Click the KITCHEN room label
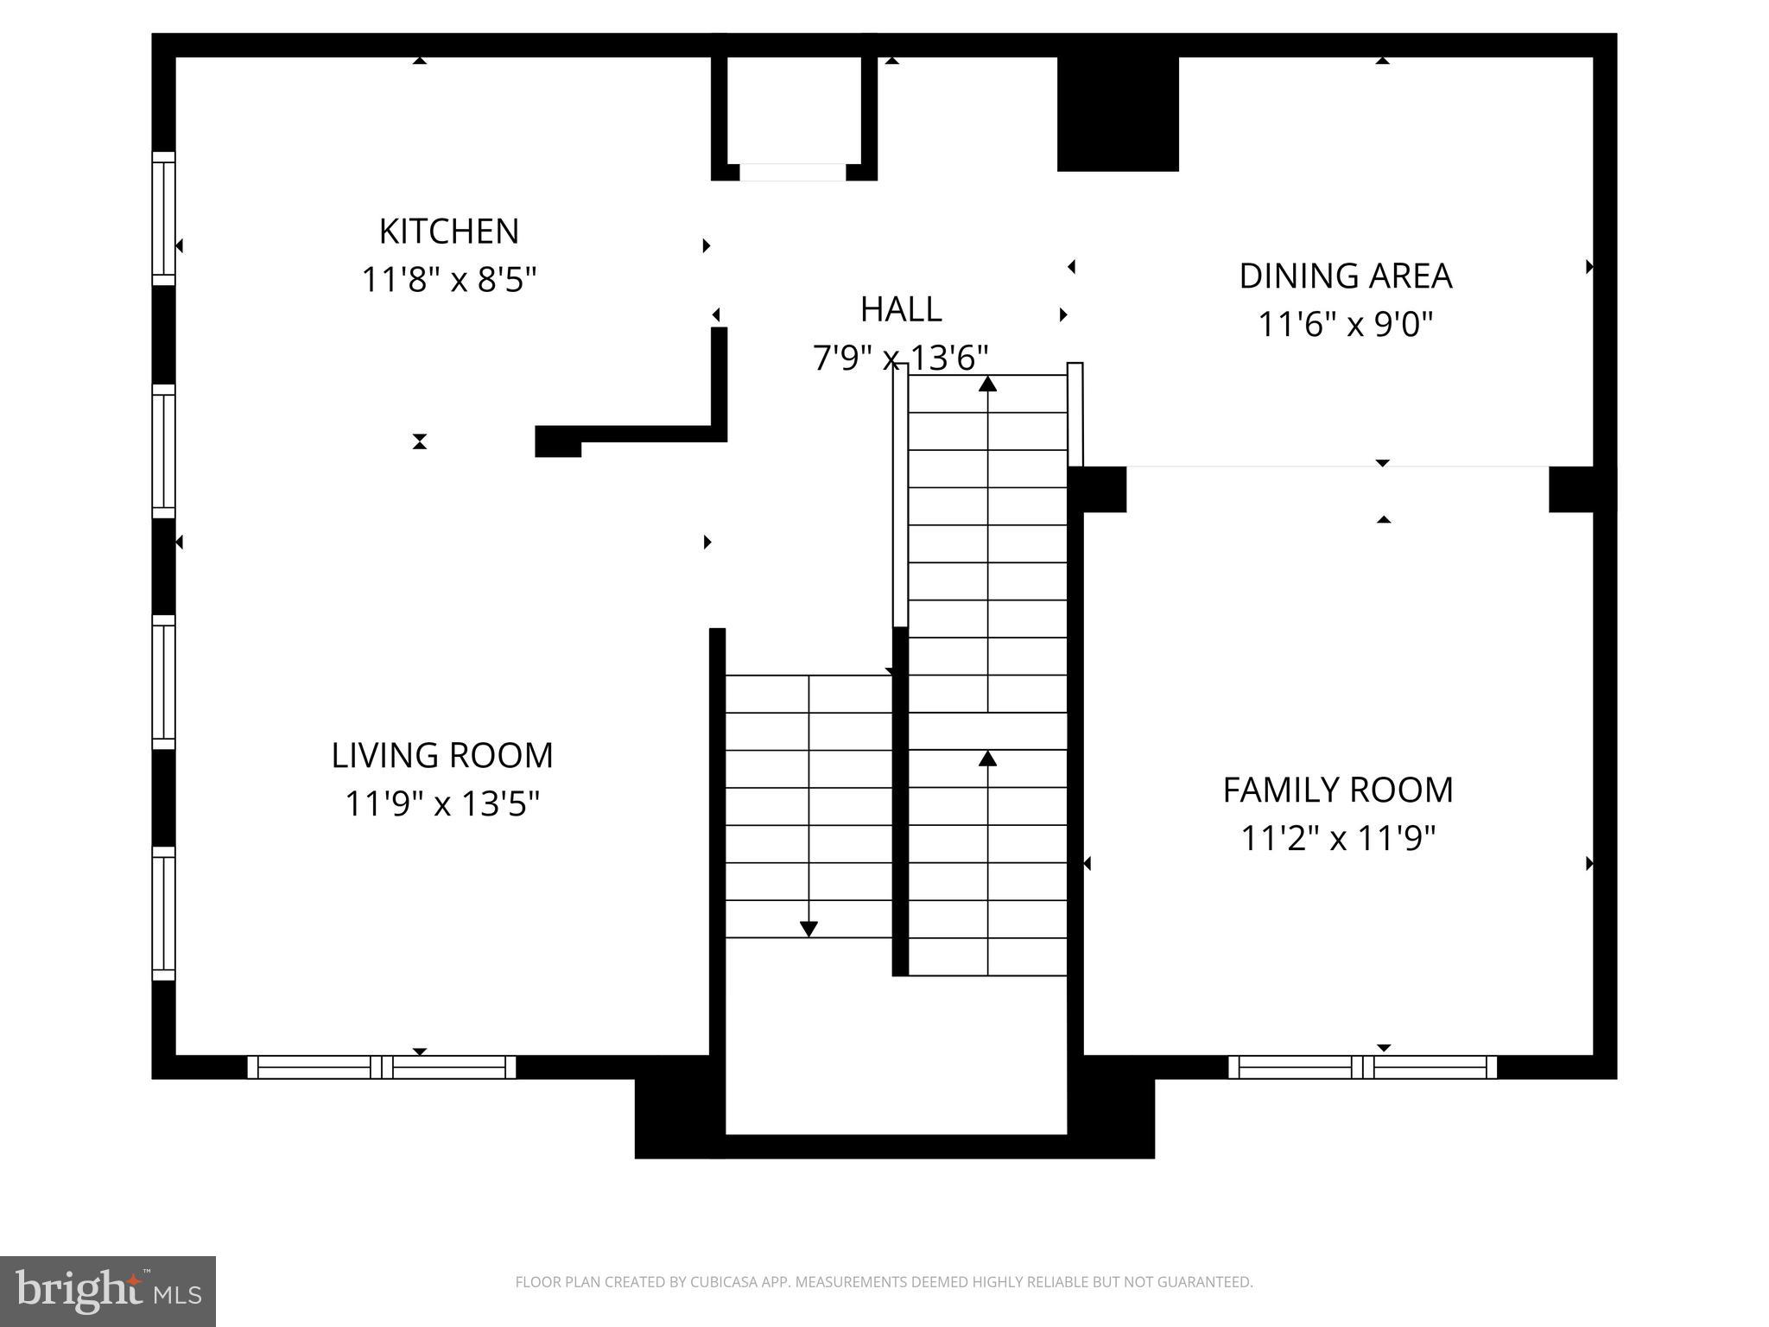click(448, 232)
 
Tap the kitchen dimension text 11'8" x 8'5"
click(448, 280)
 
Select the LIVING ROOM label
click(441, 755)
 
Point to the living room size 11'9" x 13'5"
click(441, 803)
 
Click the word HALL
click(900, 309)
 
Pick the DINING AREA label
click(1345, 276)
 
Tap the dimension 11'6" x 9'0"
click(1345, 325)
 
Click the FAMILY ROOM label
click(1337, 790)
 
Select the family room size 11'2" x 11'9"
click(1337, 838)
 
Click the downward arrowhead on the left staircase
click(808, 929)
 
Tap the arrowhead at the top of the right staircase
click(987, 384)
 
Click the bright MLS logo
click(108, 1292)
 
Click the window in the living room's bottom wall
click(381, 1067)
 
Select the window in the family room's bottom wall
click(1362, 1067)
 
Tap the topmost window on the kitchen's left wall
click(163, 218)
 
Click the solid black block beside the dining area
click(1118, 113)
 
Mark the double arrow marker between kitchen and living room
click(419, 441)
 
